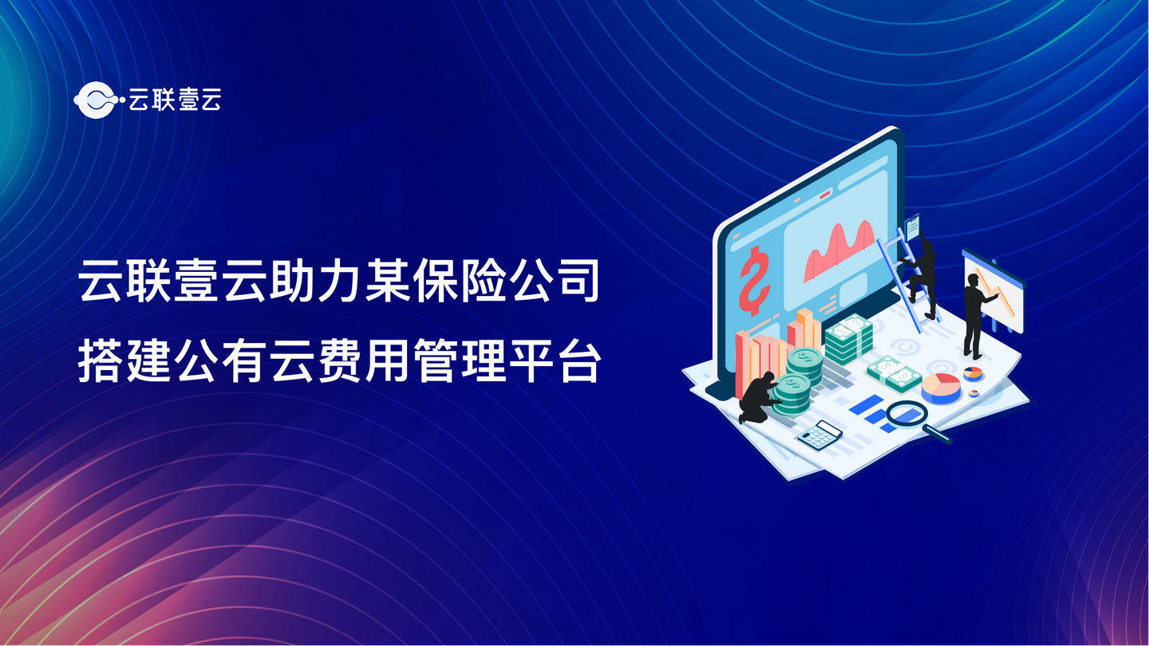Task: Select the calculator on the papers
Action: [819, 435]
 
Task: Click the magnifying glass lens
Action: [905, 413]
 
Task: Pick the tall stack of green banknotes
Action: [848, 339]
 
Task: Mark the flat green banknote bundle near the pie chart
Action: [894, 372]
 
